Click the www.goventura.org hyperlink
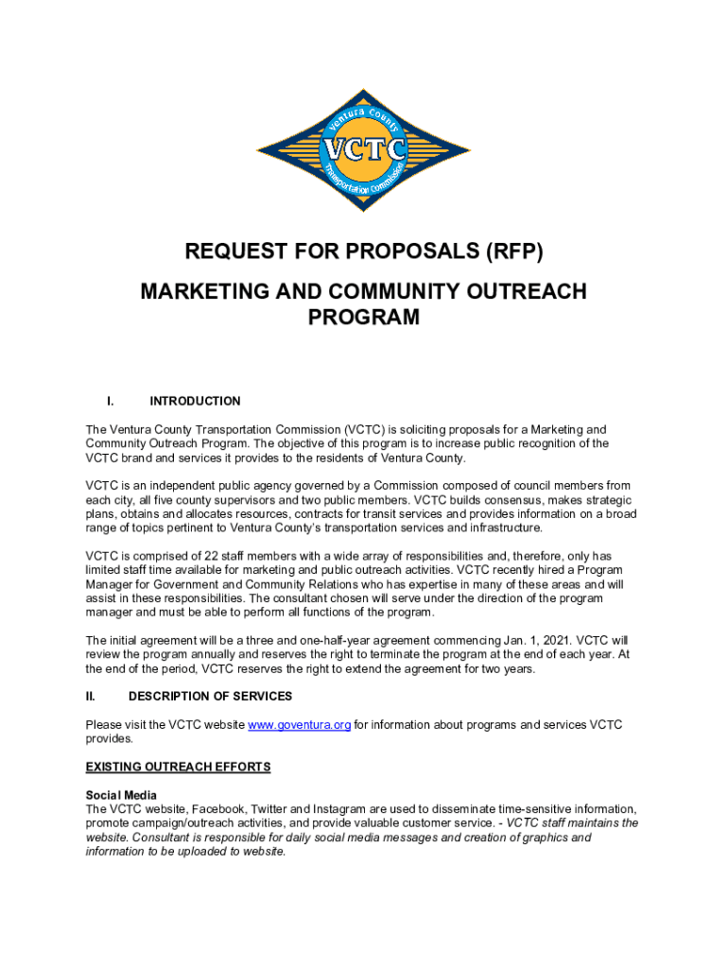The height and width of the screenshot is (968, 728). coord(300,725)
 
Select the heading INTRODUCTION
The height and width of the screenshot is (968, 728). coord(195,401)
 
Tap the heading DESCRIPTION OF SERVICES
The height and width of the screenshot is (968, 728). coord(210,697)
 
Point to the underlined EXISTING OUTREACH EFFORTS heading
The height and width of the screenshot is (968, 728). coord(178,767)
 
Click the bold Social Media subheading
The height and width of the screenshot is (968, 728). coord(121,795)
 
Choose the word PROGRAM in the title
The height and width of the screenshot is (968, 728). coord(364,319)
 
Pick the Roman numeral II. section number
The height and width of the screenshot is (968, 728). coord(91,697)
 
